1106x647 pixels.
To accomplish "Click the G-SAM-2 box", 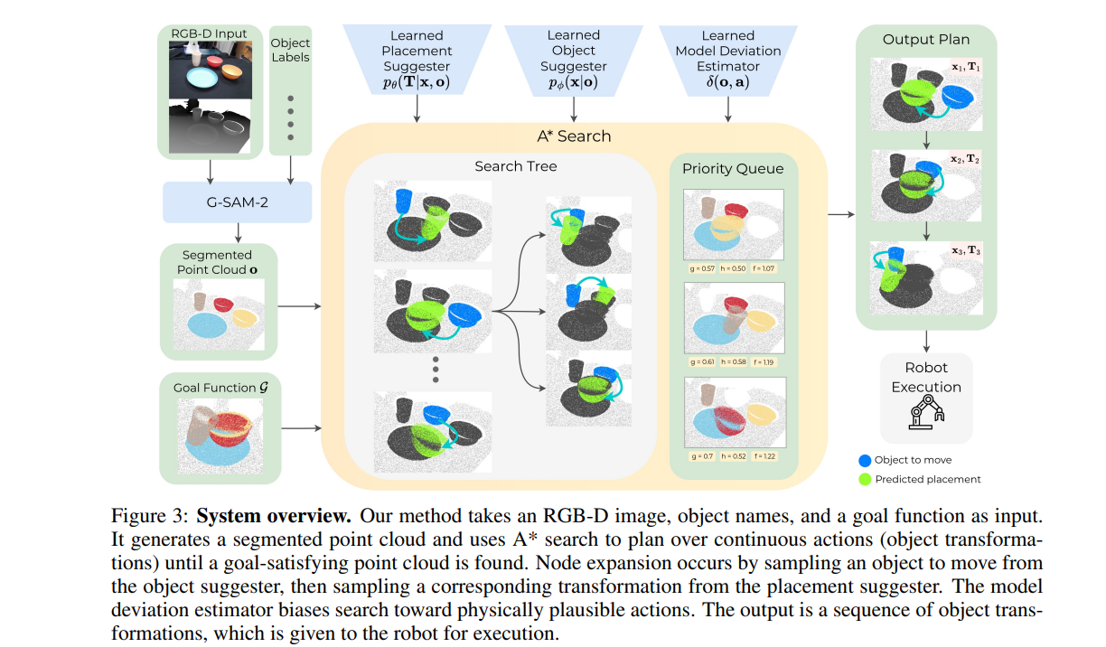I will click(237, 202).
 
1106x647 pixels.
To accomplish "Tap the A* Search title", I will click(574, 136).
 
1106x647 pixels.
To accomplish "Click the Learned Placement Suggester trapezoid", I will click(417, 60).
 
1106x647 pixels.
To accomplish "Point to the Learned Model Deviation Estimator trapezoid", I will click(727, 60).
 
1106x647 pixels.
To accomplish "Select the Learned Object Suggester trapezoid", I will click(574, 60).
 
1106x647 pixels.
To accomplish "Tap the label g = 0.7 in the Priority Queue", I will click(700, 456).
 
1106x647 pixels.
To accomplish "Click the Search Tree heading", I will click(515, 166).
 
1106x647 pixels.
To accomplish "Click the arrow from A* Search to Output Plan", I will click(840, 214).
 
